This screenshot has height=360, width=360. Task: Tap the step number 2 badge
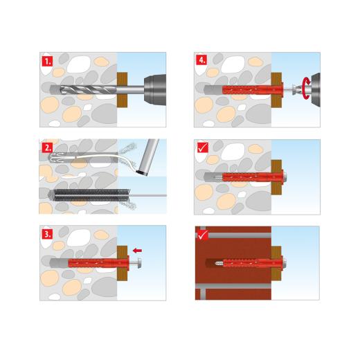click(x=47, y=147)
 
